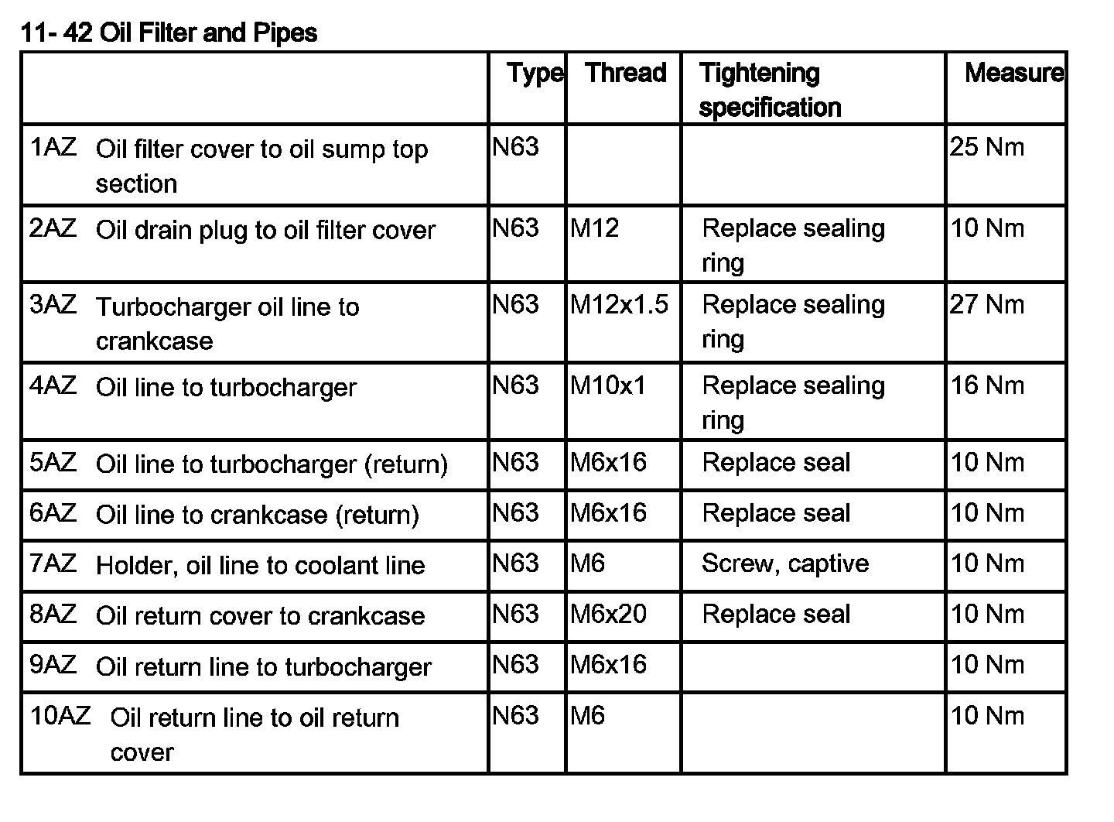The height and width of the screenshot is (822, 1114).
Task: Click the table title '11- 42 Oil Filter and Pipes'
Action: (169, 33)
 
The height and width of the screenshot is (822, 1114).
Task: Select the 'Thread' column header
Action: (625, 73)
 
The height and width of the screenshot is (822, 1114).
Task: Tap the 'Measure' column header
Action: (1013, 73)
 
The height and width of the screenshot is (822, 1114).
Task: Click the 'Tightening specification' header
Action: (769, 90)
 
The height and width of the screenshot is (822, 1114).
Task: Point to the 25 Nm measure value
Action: (986, 147)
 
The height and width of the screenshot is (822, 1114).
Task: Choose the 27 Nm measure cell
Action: (986, 304)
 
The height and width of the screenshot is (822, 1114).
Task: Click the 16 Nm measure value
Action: (986, 385)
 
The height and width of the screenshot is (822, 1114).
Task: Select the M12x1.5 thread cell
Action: (619, 304)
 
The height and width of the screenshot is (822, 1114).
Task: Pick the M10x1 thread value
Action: (607, 385)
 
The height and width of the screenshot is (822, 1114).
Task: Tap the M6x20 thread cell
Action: (608, 614)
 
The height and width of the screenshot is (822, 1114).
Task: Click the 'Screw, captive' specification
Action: (784, 563)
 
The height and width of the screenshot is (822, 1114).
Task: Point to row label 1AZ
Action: (53, 147)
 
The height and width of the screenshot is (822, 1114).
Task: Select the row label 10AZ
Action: (60, 715)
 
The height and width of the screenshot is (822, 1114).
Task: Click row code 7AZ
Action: (53, 563)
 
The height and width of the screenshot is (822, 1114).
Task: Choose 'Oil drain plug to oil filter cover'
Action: (265, 231)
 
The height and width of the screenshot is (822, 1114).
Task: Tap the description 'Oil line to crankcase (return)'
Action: (257, 515)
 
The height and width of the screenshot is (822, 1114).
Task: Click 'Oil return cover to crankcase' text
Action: (260, 616)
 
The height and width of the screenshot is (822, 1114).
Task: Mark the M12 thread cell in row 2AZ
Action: (594, 228)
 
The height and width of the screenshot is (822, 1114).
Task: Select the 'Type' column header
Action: (535, 73)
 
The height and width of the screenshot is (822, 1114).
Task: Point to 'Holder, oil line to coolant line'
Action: (260, 566)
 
